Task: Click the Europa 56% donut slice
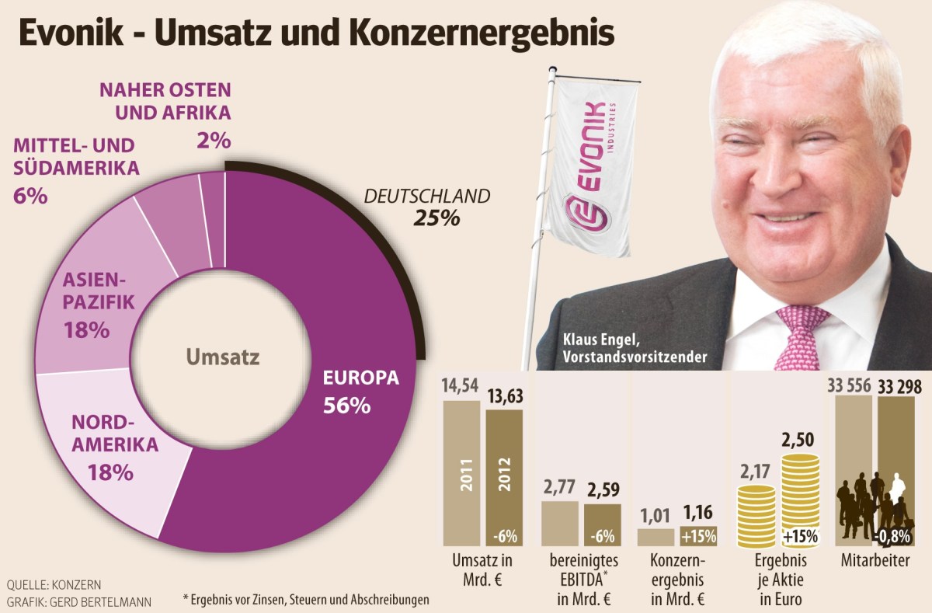point(342,435)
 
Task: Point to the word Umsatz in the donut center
point(224,357)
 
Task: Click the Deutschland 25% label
point(427,207)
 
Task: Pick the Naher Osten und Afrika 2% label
point(165,113)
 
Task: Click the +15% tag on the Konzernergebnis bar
point(697,536)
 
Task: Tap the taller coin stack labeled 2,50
point(800,497)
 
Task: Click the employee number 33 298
point(905,385)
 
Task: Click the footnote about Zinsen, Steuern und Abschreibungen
point(306,599)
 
